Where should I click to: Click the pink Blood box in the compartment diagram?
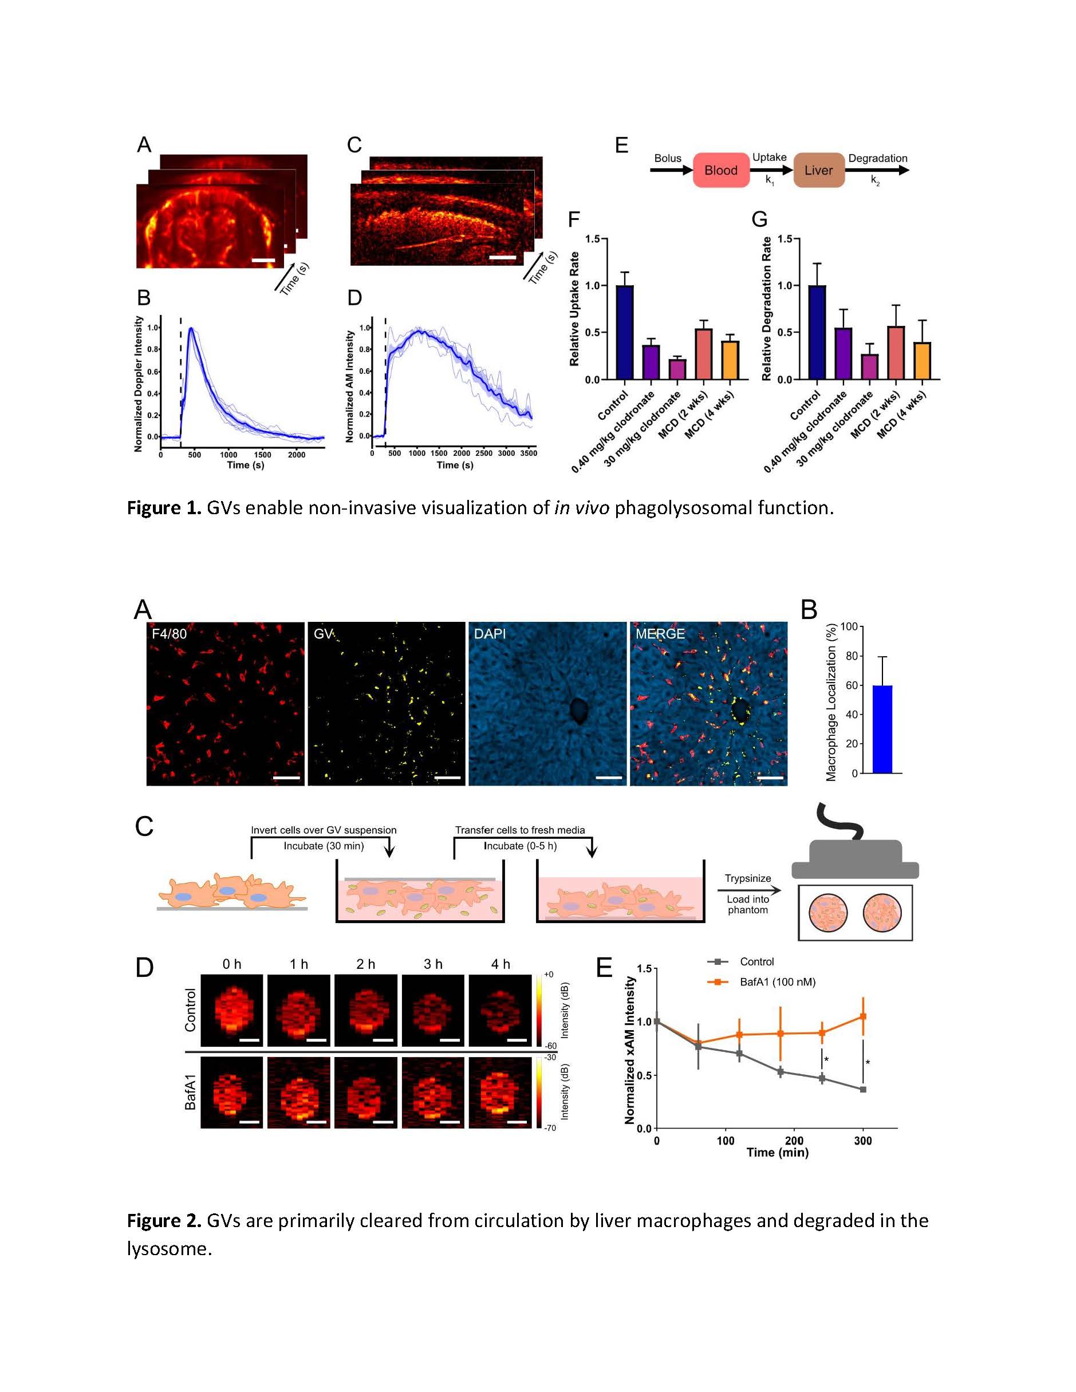721,170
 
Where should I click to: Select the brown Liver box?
818,170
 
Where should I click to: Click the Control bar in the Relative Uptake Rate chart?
625,332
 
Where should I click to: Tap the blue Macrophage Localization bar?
882,729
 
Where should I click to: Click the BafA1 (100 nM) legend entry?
777,982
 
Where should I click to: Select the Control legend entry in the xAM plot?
756,962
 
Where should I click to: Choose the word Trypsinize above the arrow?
748,878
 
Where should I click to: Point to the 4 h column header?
500,964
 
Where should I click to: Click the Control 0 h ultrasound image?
232,1010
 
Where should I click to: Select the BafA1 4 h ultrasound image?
500,1093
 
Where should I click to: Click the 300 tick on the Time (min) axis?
863,1141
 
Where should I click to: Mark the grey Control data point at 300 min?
863,1089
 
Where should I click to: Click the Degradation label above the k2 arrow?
877,158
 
